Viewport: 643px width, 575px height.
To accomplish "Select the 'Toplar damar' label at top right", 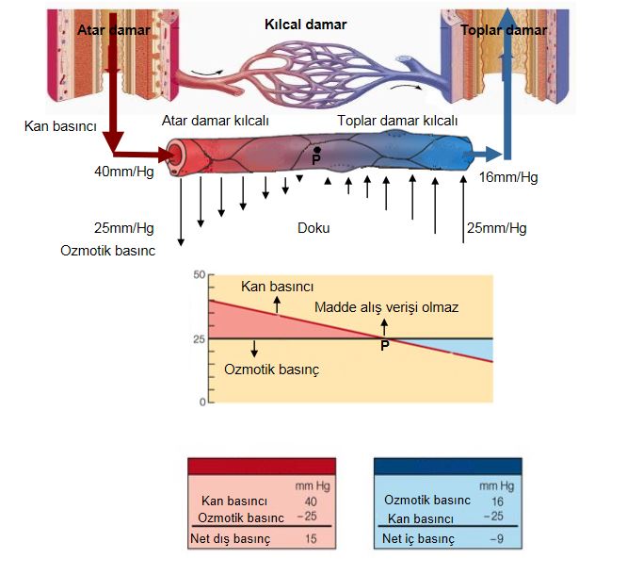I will click(x=504, y=30).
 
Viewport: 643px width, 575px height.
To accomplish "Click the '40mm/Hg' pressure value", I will click(x=124, y=172).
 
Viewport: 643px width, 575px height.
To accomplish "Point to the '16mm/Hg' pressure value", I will click(x=508, y=178).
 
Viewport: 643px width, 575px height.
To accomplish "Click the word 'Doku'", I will click(x=314, y=227).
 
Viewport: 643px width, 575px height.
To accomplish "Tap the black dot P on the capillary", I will click(x=317, y=151).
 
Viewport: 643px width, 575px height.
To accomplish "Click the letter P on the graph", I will click(x=384, y=346).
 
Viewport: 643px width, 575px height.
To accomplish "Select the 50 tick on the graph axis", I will click(x=198, y=274).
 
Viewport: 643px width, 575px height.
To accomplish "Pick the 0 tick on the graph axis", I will click(x=201, y=402).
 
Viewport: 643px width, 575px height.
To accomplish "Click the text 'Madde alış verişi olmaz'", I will click(x=386, y=307).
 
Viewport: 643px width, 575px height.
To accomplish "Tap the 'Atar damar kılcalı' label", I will click(x=216, y=120).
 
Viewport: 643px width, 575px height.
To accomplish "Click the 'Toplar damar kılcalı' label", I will click(x=397, y=120).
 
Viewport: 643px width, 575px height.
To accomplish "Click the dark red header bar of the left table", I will click(x=262, y=466).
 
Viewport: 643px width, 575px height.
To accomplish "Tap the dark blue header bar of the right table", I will click(x=446, y=466).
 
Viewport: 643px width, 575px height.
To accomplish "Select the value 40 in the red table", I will click(x=312, y=501).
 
